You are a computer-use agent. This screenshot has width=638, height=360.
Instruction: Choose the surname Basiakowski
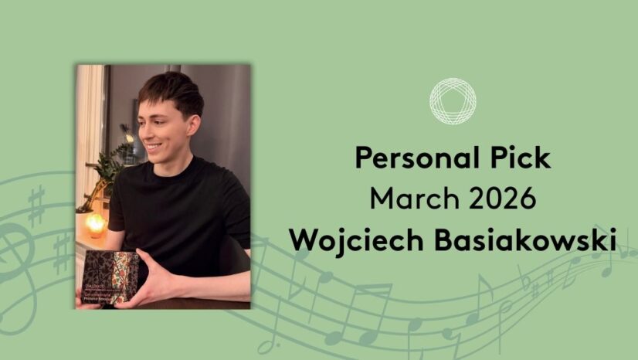pos(533,239)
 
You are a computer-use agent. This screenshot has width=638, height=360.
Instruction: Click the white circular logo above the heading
pos(453,100)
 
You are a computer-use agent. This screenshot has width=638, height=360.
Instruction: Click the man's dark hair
pos(173,89)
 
